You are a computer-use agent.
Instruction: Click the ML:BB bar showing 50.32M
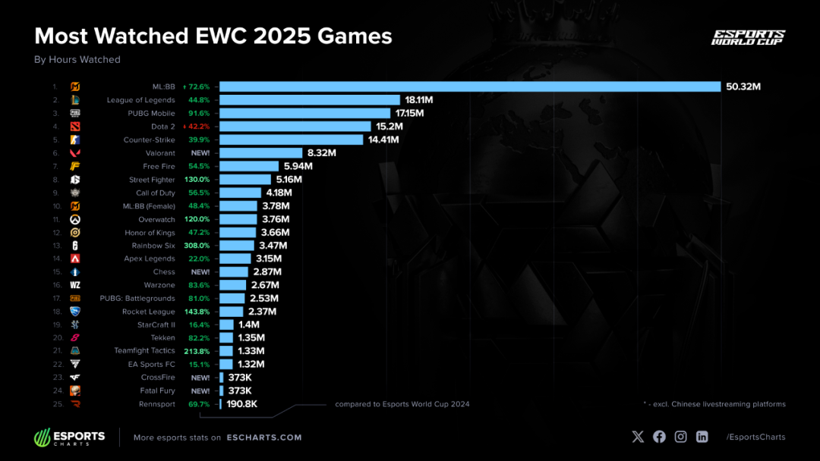click(470, 86)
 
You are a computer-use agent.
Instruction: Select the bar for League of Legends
click(310, 100)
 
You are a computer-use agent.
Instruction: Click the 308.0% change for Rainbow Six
click(197, 246)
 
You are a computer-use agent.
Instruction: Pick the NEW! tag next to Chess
click(201, 271)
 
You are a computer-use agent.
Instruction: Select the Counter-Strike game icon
click(75, 140)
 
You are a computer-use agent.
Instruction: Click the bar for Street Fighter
click(245, 180)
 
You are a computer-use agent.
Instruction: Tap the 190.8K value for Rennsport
click(242, 404)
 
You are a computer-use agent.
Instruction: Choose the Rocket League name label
click(149, 312)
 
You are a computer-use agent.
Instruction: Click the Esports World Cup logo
click(748, 38)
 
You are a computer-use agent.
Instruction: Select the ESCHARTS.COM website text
click(263, 437)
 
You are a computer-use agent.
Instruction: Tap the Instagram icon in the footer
click(681, 437)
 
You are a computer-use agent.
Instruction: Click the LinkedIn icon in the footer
click(702, 437)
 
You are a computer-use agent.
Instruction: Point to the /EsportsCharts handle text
click(755, 437)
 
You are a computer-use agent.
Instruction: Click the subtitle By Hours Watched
click(77, 60)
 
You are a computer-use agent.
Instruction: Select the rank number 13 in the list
click(55, 246)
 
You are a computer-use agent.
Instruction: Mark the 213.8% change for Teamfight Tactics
click(197, 351)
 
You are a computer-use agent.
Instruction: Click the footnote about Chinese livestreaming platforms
click(714, 404)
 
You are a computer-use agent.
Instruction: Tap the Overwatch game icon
click(75, 219)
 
